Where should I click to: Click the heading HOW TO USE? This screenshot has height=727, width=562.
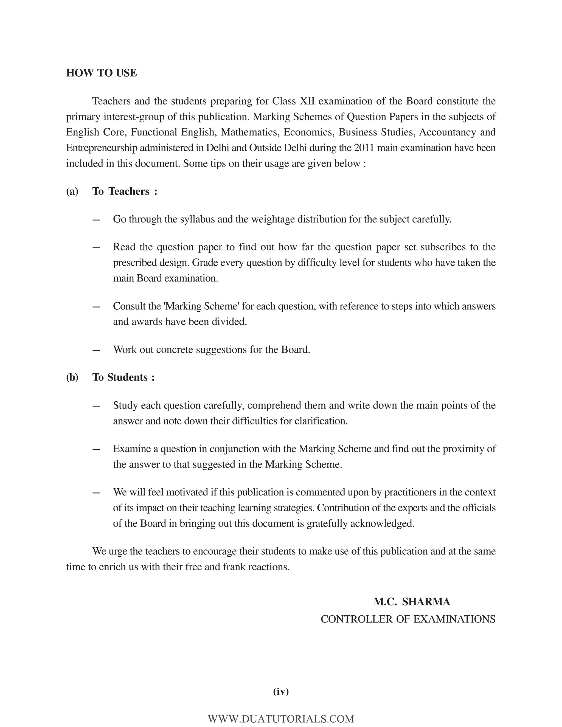pos(102,73)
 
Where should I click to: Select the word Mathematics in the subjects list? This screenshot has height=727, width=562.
pos(249,132)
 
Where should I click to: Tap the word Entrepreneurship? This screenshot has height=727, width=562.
pos(102,148)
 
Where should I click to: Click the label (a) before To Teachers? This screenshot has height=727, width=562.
pos(72,191)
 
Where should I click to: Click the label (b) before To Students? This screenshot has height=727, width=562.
pos(72,377)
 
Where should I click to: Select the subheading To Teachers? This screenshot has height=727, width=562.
pos(125,191)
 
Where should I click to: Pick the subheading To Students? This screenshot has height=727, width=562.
pos(123,377)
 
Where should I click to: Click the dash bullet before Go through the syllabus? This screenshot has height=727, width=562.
pos(96,220)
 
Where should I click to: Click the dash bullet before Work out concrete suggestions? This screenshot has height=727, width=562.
pos(96,350)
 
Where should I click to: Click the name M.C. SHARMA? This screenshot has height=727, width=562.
pos(412,602)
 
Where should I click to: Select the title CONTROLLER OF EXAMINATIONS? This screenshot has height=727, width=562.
pos(408,619)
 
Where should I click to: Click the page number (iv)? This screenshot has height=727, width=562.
pos(281,691)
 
